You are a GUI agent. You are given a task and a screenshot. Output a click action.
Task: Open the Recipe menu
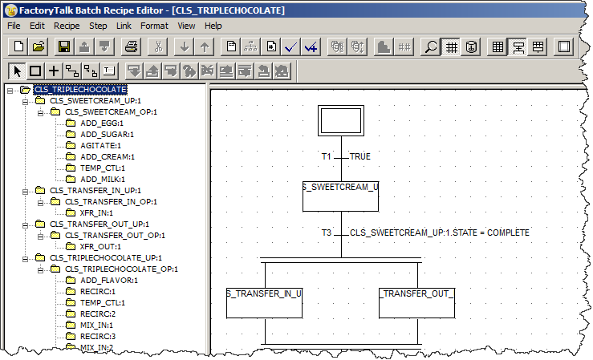click(x=67, y=26)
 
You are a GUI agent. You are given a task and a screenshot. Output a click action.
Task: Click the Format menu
click(x=154, y=26)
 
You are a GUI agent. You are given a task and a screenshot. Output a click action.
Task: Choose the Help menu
click(x=213, y=26)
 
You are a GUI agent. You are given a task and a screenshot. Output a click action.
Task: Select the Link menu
click(x=124, y=26)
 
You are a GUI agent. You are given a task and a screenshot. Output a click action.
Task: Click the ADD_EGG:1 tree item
click(x=102, y=123)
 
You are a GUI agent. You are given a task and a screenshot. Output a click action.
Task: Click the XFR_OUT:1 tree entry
click(x=101, y=247)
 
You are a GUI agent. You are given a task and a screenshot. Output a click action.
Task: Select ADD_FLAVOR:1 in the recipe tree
click(x=109, y=281)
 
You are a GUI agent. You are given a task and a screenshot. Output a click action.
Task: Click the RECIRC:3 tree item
click(x=98, y=337)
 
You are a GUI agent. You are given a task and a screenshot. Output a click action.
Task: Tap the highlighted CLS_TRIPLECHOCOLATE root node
click(x=79, y=90)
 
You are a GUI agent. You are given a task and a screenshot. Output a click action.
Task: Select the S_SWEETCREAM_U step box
click(x=340, y=192)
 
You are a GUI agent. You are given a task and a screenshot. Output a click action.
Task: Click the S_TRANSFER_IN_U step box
click(x=264, y=301)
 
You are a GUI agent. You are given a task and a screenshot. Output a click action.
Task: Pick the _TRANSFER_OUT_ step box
click(x=416, y=301)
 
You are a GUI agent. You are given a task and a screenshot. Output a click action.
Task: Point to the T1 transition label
click(x=327, y=156)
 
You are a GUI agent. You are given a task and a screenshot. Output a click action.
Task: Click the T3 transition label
click(x=327, y=233)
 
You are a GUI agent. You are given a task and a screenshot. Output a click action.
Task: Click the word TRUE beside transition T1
click(x=360, y=156)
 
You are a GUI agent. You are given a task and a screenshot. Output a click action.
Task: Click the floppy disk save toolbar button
click(x=63, y=47)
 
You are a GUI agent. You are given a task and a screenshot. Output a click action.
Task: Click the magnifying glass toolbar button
click(x=432, y=47)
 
